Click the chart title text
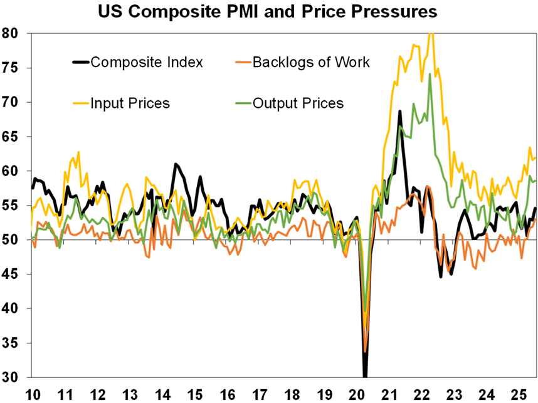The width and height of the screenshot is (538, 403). (267, 12)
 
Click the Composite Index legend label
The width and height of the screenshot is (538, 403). (147, 62)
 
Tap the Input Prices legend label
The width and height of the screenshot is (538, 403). (130, 103)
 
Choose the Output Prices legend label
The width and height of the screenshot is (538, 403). (298, 103)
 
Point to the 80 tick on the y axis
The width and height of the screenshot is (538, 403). (12, 33)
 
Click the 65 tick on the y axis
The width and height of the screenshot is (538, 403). (12, 137)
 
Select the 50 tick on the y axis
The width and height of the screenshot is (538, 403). (12, 240)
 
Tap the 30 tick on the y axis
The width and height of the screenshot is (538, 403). (12, 378)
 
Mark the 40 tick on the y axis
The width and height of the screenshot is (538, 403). (12, 309)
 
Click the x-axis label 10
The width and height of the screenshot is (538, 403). (32, 394)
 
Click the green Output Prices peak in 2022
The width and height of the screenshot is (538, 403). (430, 74)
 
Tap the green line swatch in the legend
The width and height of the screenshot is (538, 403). (243, 103)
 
